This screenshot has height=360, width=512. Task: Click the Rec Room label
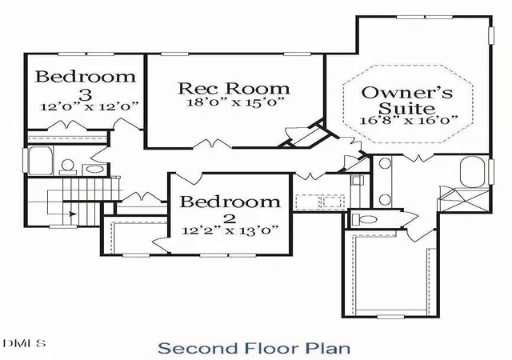point(234,89)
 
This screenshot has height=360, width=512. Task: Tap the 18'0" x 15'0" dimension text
point(234,102)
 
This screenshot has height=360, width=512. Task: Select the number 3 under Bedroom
point(86,94)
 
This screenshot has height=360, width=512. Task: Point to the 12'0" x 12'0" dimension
point(90,106)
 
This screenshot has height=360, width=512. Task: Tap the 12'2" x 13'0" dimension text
point(230,230)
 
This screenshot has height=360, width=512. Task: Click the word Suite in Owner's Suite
point(407,108)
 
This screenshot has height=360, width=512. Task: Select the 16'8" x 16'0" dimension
point(409,120)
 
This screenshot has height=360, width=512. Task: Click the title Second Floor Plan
point(254,348)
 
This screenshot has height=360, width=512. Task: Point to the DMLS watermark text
point(24,343)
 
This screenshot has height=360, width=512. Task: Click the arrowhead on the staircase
point(73,214)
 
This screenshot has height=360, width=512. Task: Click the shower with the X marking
point(464,199)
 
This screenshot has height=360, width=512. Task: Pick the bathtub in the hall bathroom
point(40,160)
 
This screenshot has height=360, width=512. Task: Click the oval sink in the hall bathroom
point(94,170)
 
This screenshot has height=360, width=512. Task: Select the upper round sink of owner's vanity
point(385,163)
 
